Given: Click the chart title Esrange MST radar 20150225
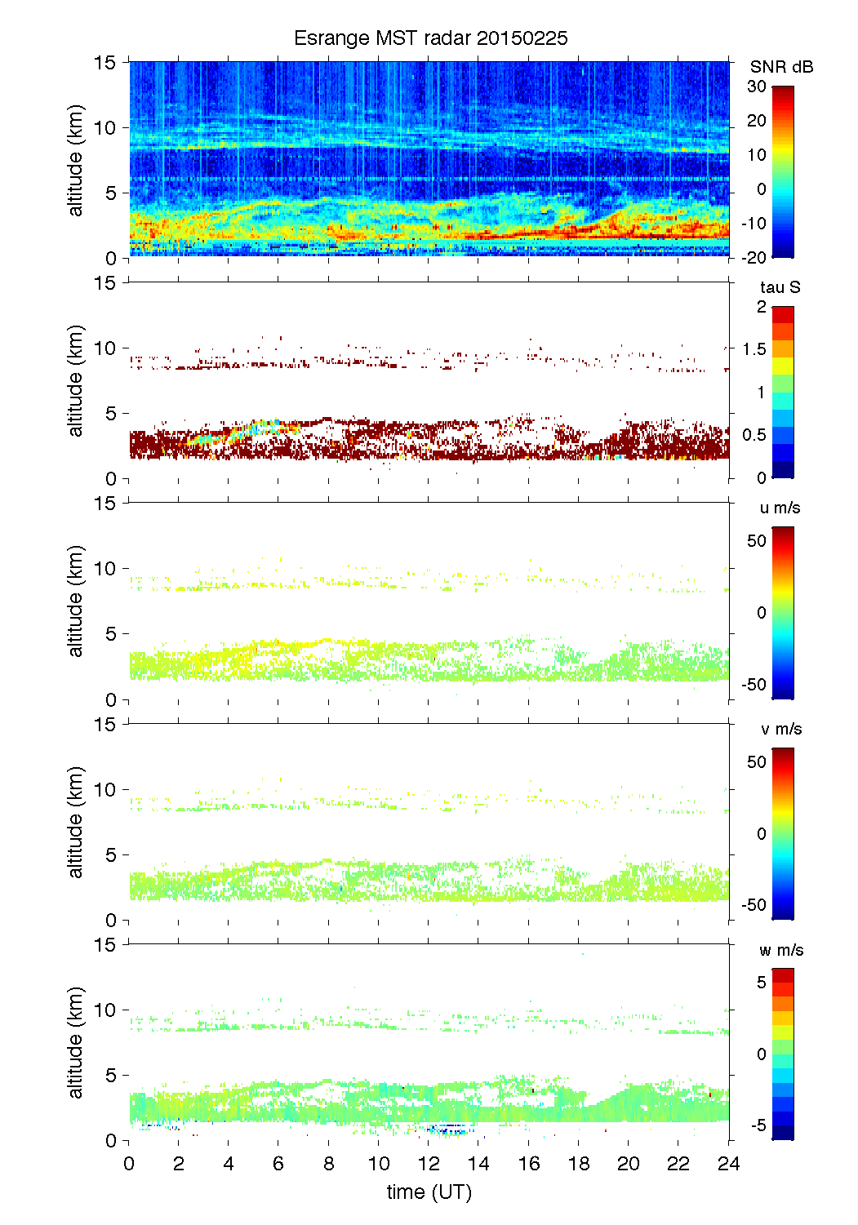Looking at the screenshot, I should coord(430,38).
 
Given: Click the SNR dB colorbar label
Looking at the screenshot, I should coord(781,67).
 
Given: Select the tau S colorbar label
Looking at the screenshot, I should coord(780,287).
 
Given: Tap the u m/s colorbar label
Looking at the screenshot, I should coord(780,508).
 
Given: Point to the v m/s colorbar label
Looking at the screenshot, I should coord(780,729).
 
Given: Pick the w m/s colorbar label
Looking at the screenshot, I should coord(780,950).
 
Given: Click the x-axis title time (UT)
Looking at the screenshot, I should coord(429,1192).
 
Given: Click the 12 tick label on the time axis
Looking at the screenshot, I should coord(429,1164).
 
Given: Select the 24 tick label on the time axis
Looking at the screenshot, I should coord(728,1164).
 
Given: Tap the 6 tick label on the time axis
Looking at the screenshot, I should coord(278,1164).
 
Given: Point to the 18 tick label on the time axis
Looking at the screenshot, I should coord(579,1164).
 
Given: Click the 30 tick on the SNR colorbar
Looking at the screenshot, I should coord(757,87).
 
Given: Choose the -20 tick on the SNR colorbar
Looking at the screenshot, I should coord(754,258).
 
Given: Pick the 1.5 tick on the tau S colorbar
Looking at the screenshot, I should coord(754,349).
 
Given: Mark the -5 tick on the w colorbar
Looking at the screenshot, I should coord(757,1125).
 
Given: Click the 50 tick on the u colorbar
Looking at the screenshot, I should coord(757,541).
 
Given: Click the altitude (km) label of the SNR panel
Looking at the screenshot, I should coord(76,160).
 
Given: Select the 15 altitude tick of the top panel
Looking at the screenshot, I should coord(107,62).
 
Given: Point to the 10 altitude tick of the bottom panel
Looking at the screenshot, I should coord(107,1010).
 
